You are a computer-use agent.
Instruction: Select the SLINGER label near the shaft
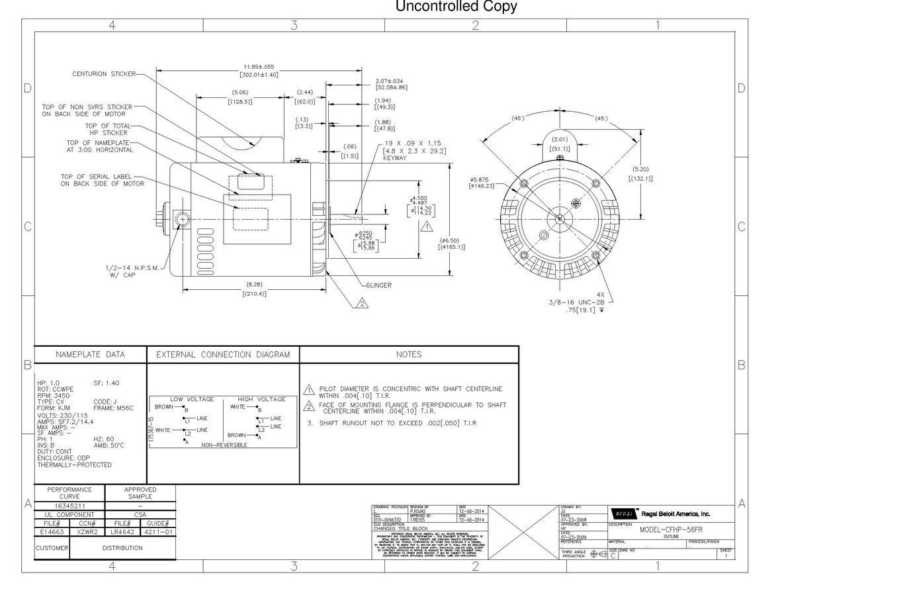(378, 285)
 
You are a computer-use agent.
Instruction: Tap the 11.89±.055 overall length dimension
(259, 67)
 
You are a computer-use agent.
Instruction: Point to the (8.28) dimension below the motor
(255, 285)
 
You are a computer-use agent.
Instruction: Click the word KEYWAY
(395, 158)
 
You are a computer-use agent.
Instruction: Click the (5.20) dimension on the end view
(640, 169)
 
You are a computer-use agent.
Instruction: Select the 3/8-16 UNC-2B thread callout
(576, 302)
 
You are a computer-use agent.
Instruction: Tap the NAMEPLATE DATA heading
(90, 355)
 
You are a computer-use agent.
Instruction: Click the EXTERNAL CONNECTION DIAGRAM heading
(223, 355)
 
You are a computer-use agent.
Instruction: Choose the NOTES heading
(409, 355)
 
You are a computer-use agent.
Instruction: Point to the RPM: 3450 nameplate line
(54, 396)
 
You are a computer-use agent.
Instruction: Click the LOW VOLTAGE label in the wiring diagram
(192, 399)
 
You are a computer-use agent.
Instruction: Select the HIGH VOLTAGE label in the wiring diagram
(261, 399)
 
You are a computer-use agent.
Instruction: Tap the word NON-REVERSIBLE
(224, 445)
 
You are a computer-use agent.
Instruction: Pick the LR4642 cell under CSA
(122, 531)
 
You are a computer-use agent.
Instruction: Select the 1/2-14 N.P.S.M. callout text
(133, 268)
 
